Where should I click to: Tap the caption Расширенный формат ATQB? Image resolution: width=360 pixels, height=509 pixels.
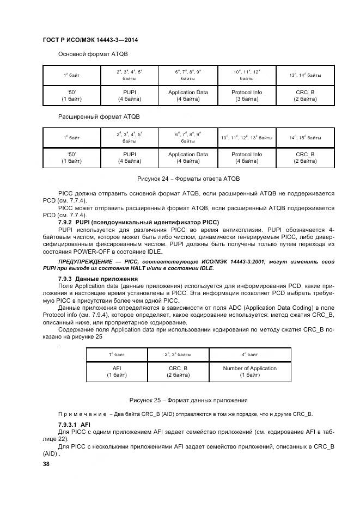(99, 117)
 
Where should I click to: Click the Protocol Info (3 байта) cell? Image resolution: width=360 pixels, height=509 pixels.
(247, 96)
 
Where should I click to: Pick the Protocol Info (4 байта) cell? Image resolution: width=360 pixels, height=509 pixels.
(247, 158)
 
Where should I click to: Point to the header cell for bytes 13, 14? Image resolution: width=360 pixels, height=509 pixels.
(305, 75)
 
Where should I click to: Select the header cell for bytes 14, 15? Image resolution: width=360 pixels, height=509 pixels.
(305, 137)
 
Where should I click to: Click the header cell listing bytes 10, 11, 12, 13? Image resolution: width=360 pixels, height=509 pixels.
(247, 137)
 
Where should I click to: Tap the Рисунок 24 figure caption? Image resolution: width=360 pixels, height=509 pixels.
(188, 179)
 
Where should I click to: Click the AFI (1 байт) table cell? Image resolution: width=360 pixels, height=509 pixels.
(116, 371)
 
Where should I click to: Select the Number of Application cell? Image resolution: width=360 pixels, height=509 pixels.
(249, 371)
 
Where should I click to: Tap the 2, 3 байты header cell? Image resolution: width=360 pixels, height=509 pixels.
(178, 354)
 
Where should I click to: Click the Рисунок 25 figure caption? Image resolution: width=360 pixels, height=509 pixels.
(188, 400)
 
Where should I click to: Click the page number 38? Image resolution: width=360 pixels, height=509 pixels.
(46, 464)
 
